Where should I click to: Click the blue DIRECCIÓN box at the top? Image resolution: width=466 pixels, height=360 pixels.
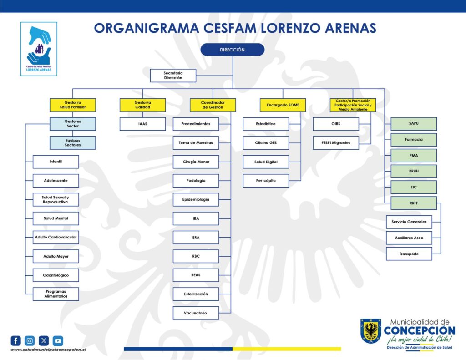click(x=233, y=50)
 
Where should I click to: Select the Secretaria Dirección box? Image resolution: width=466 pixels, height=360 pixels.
click(x=173, y=76)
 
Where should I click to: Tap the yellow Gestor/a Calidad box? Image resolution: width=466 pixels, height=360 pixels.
click(x=142, y=105)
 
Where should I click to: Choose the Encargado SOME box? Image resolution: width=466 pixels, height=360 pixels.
click(x=283, y=105)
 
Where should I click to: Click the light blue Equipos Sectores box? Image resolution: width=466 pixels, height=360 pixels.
click(x=73, y=143)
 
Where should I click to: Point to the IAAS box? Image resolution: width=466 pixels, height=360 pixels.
click(x=142, y=124)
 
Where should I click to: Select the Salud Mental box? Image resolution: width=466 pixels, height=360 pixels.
click(x=56, y=218)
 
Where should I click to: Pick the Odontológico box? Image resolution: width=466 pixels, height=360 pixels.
click(x=56, y=275)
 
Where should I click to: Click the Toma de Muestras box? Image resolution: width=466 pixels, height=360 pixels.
click(x=196, y=143)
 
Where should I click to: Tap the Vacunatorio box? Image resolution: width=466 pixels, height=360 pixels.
click(x=196, y=313)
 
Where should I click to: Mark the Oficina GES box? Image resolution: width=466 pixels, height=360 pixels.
click(x=266, y=143)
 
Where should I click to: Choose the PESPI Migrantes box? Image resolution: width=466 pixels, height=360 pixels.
click(x=336, y=143)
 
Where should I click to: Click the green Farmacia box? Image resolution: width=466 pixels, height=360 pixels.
click(x=414, y=140)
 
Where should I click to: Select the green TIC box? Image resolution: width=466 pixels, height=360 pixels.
click(x=414, y=188)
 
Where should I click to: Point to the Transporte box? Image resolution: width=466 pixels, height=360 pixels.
click(x=409, y=254)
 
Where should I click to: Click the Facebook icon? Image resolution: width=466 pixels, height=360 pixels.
click(x=16, y=341)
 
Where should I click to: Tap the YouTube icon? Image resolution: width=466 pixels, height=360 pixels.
click(x=58, y=341)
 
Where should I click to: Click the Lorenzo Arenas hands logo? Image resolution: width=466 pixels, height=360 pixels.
click(x=39, y=49)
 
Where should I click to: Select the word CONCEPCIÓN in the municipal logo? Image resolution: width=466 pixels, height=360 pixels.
click(x=419, y=330)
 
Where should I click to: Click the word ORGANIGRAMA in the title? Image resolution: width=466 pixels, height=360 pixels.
click(x=147, y=28)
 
